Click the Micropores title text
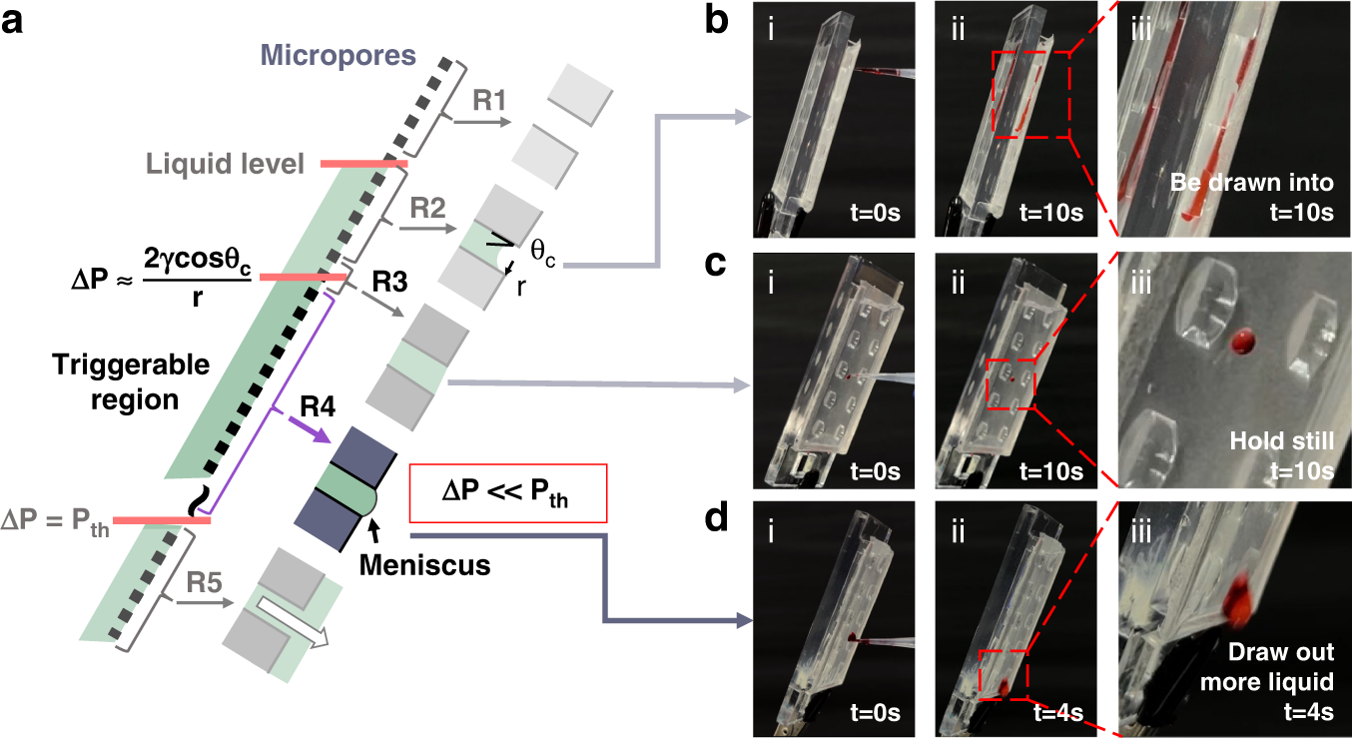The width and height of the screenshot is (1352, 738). (x=338, y=55)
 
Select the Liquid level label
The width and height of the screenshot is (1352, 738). (x=225, y=162)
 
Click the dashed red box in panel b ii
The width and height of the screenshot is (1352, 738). (x=1030, y=94)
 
